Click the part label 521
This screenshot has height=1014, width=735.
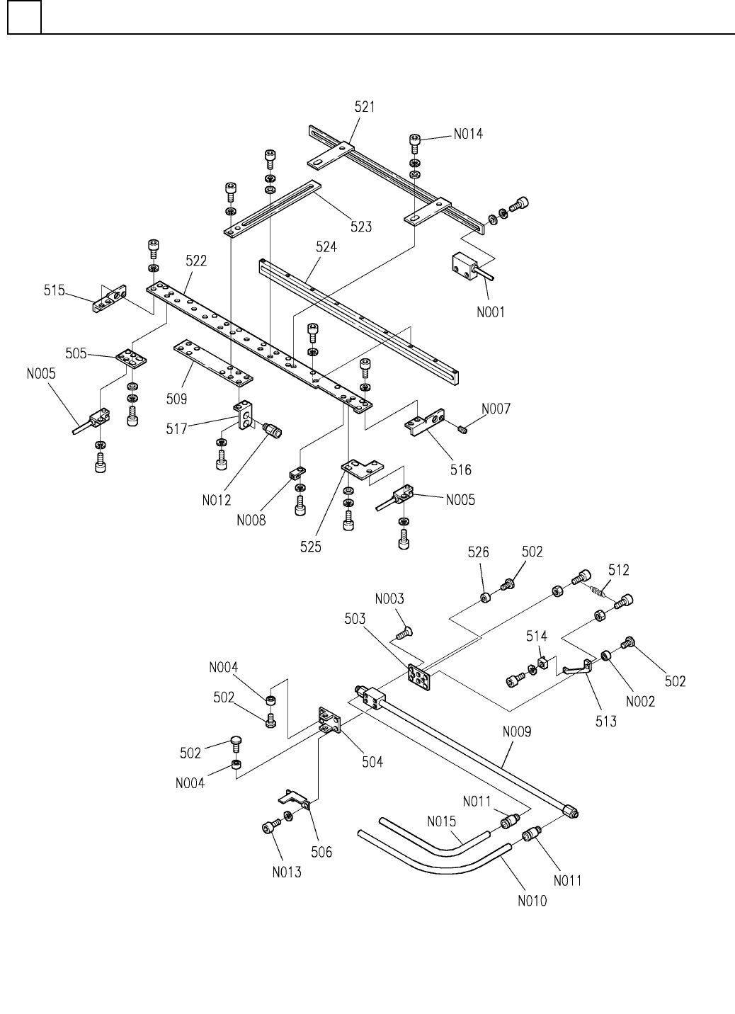tap(365, 107)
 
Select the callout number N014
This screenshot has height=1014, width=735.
tap(468, 133)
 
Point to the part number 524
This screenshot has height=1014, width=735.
tap(326, 247)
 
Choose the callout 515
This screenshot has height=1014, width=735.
tap(55, 290)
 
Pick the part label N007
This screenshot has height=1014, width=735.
tap(496, 409)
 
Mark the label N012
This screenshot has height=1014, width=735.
tap(216, 501)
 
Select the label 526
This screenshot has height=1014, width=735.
tap(478, 552)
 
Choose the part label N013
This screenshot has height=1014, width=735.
tap(287, 872)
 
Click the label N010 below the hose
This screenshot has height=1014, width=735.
tap(532, 901)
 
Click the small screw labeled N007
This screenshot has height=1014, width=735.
tap(462, 428)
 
